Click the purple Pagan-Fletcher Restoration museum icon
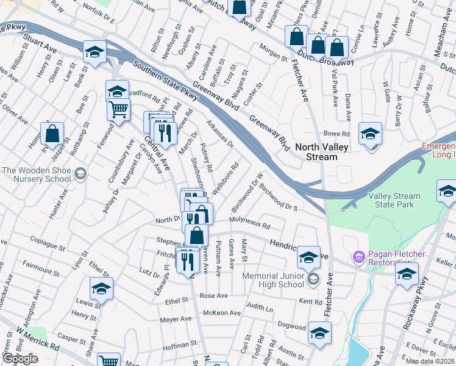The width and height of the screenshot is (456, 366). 358,259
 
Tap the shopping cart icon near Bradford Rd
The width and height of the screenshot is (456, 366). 118,110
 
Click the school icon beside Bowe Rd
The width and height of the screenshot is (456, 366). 370,134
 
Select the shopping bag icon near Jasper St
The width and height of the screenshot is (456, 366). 52,134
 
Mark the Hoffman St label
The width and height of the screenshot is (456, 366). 177,346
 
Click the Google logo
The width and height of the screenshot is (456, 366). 20,359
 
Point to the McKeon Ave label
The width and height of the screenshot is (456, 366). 221,313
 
